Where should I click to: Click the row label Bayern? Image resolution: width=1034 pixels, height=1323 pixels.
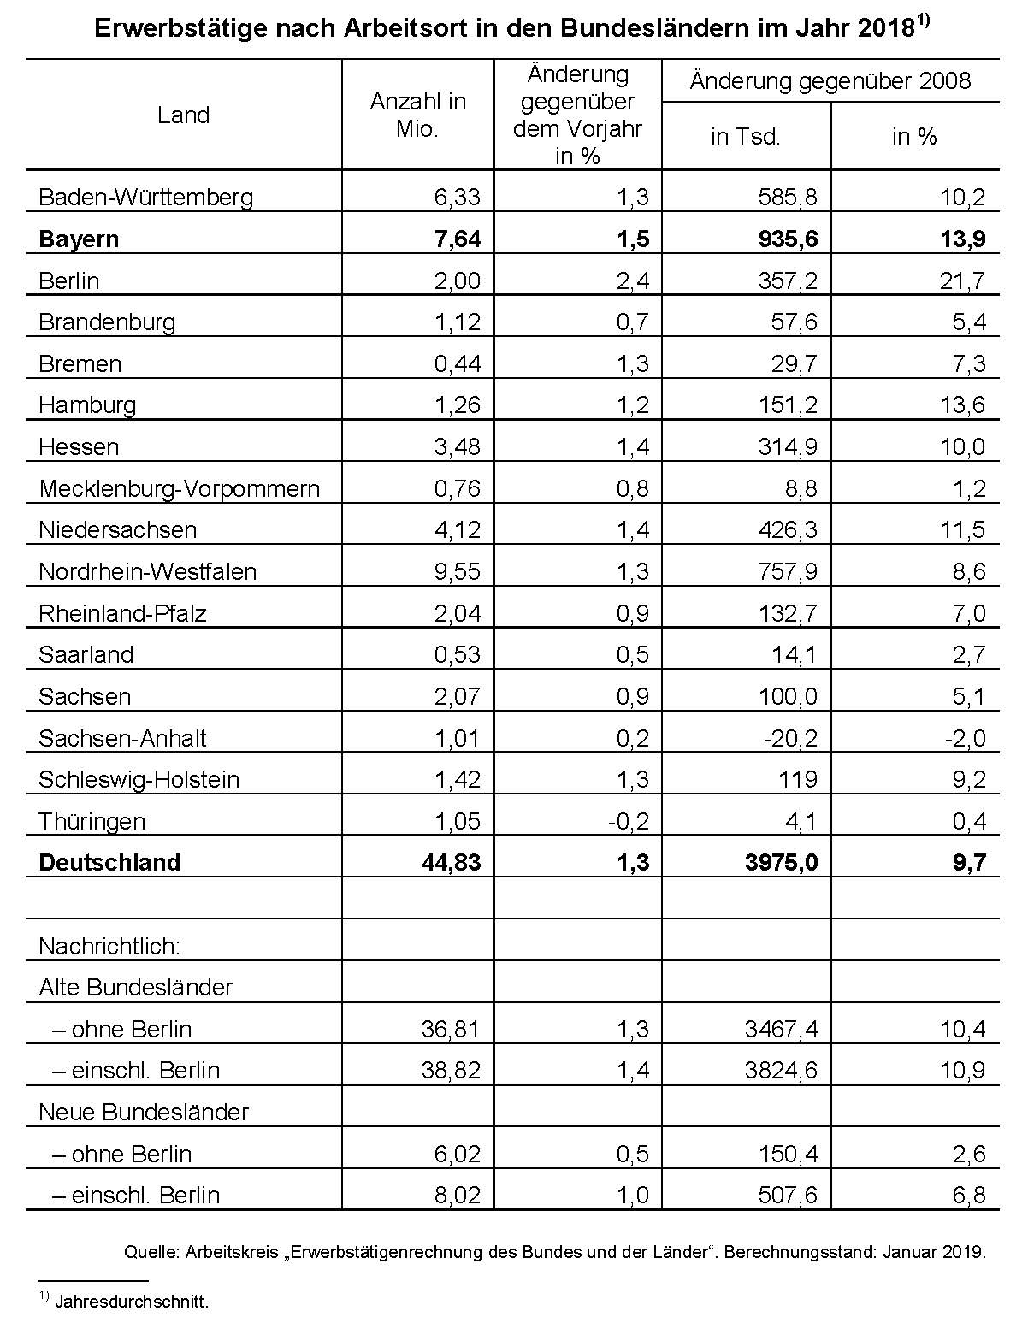pyautogui.click(x=79, y=239)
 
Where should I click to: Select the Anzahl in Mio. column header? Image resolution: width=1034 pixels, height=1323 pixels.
pyautogui.click(x=417, y=115)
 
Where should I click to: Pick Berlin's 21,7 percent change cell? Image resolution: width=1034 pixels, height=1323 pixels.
pyautogui.click(x=962, y=281)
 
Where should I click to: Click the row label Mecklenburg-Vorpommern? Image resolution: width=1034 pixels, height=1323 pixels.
pyautogui.click(x=180, y=489)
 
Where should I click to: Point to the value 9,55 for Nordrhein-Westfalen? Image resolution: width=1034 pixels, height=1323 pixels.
pyautogui.click(x=458, y=572)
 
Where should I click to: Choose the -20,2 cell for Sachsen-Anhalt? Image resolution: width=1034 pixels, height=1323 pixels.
pyautogui.click(x=789, y=738)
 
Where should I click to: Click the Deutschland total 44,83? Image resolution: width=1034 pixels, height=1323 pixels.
pyautogui.click(x=452, y=863)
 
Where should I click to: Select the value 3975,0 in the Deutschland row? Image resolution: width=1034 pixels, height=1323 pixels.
pyautogui.click(x=782, y=863)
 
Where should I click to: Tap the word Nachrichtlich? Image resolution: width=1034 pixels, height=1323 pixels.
pyautogui.click(x=109, y=947)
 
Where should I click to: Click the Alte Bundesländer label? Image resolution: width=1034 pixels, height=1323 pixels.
pyautogui.click(x=136, y=988)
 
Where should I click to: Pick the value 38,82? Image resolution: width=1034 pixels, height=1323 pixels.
pyautogui.click(x=452, y=1071)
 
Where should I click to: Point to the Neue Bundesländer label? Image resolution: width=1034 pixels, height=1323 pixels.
pyautogui.click(x=144, y=1113)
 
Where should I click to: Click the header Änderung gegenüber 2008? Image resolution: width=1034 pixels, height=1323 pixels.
pyautogui.click(x=830, y=81)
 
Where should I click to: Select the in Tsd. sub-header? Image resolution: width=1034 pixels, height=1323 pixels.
pyautogui.click(x=745, y=137)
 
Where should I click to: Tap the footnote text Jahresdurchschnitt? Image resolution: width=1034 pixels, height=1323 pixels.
pyautogui.click(x=132, y=1302)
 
